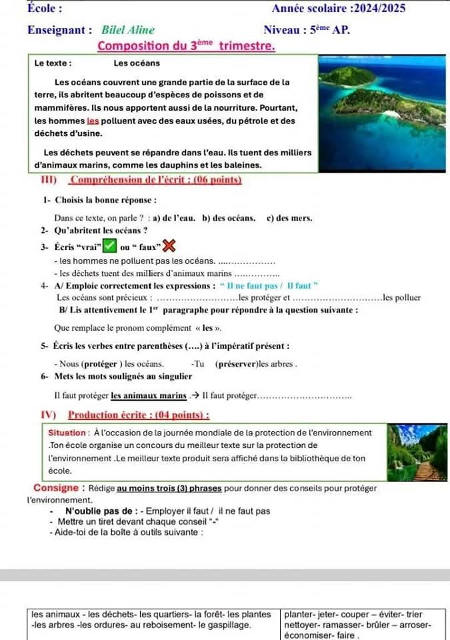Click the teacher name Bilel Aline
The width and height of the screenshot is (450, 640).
128,30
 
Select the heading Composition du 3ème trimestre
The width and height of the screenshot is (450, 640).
186,46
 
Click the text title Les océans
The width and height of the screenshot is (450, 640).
137,63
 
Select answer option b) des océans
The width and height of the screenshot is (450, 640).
229,217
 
